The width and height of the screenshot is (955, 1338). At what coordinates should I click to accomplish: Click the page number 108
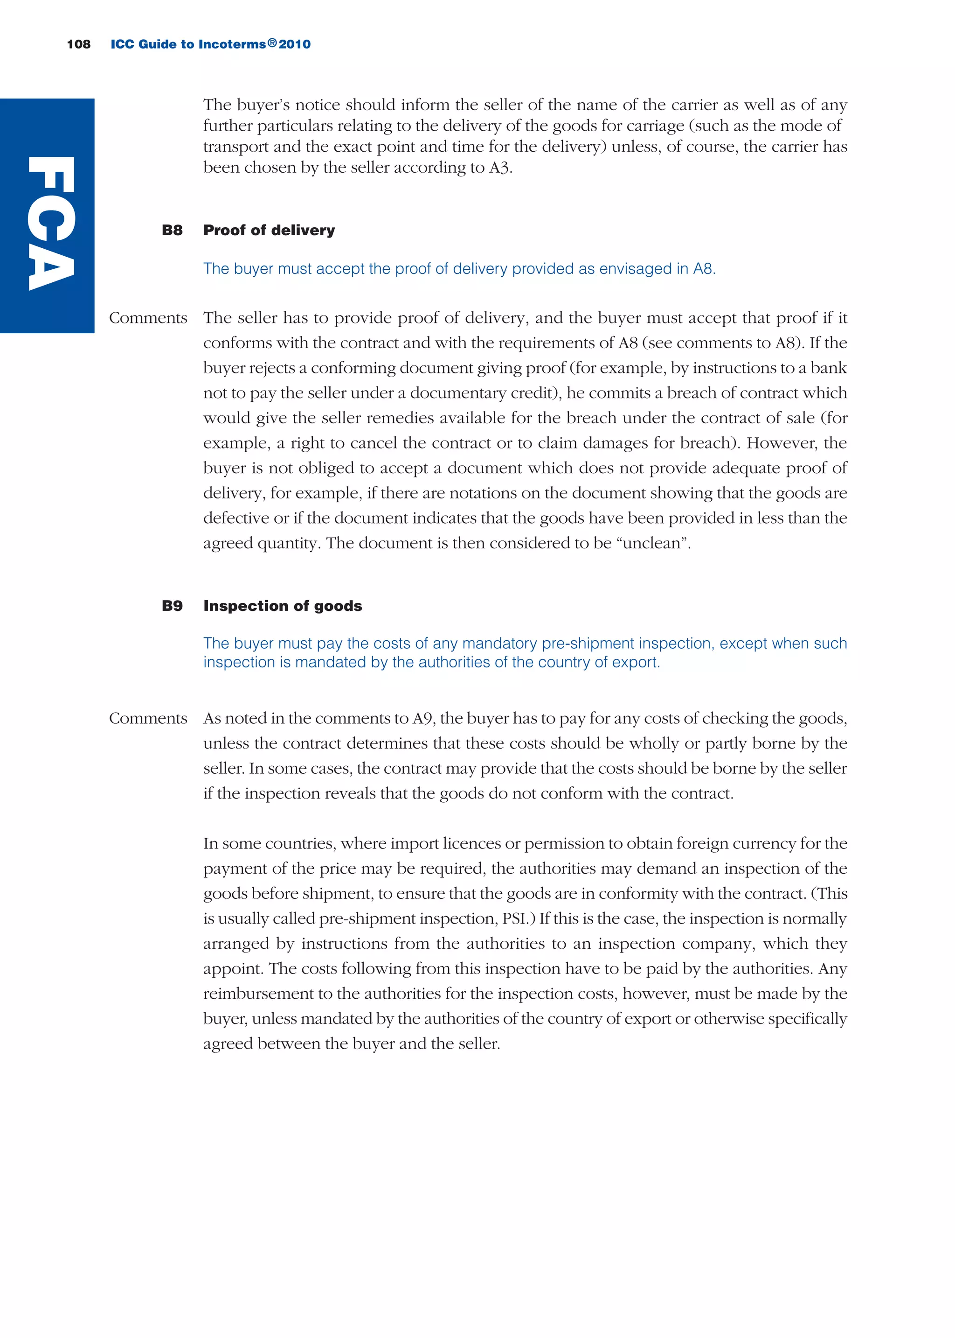[x=79, y=44]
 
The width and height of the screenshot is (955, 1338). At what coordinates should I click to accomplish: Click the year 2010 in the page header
[x=295, y=44]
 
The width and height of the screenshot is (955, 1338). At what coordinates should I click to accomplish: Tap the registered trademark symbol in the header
[x=272, y=43]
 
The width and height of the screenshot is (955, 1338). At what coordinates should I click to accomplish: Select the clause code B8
[x=172, y=230]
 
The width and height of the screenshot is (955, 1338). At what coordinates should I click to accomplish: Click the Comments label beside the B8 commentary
[x=148, y=318]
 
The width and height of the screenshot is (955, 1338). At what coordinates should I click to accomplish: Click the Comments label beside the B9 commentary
[x=148, y=718]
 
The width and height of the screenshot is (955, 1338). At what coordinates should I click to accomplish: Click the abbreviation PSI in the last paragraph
[x=514, y=918]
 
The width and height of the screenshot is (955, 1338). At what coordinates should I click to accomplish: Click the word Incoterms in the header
[x=232, y=44]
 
